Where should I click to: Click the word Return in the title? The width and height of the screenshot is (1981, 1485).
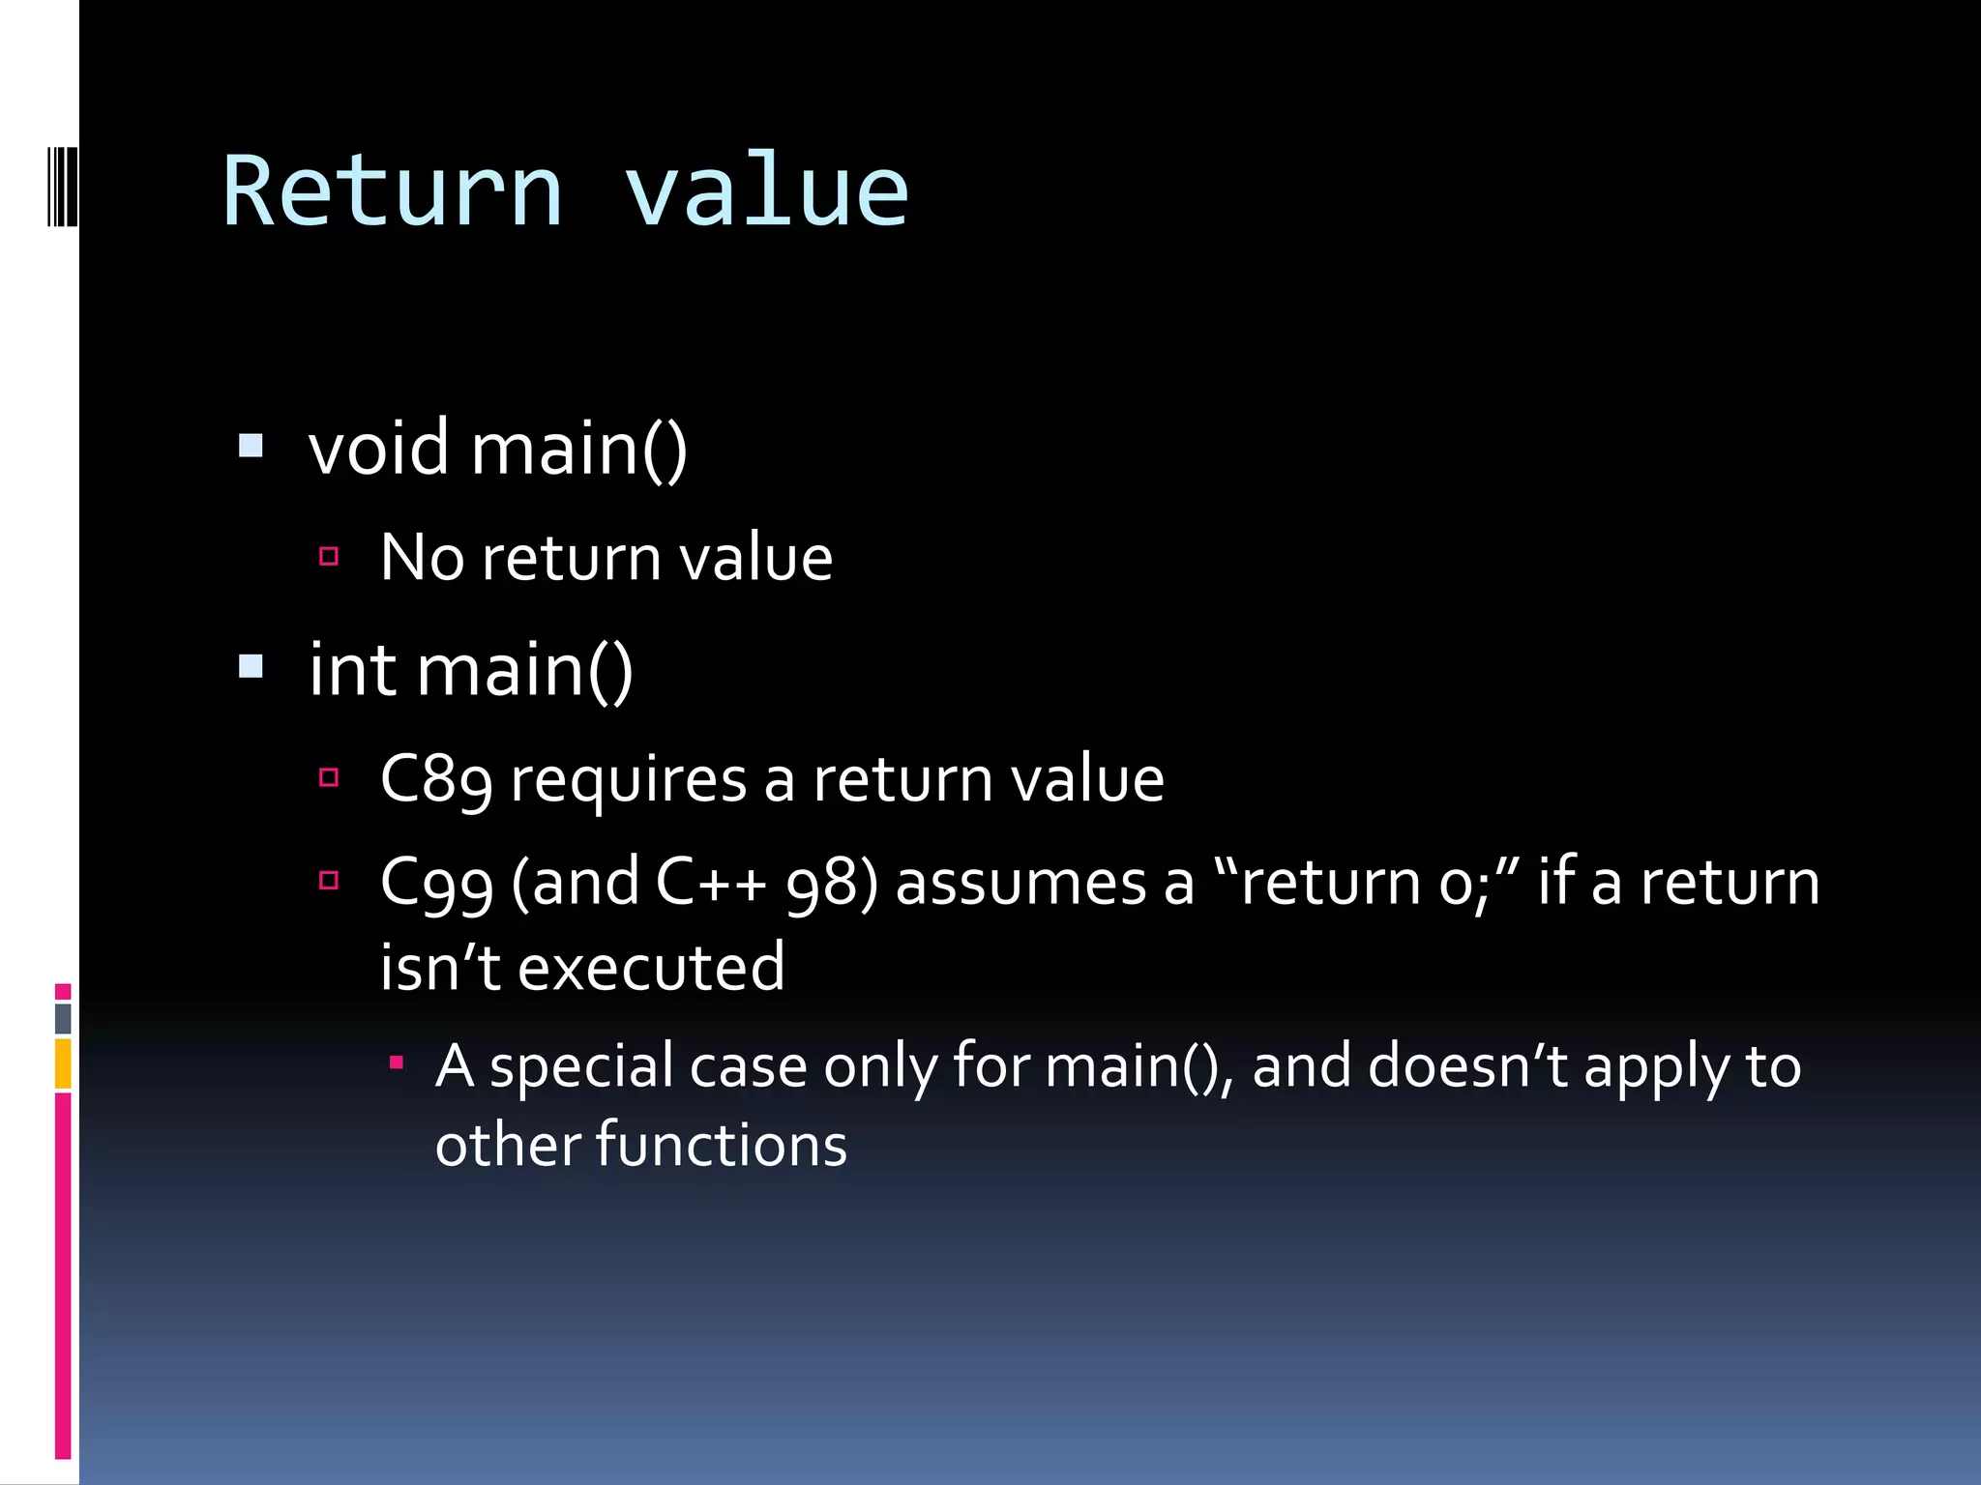click(x=392, y=192)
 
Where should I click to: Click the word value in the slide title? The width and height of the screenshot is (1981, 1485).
click(x=765, y=192)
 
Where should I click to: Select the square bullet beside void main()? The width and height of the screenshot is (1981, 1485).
click(x=251, y=446)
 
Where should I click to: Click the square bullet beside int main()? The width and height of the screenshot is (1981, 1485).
click(x=251, y=666)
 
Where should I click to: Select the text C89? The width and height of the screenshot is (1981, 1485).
click(x=435, y=779)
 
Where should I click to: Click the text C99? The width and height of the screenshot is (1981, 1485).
click(x=435, y=884)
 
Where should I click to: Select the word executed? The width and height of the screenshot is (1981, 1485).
click(x=651, y=967)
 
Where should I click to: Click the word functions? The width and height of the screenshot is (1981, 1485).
click(x=721, y=1146)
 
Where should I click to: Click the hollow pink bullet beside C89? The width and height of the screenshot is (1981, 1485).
click(x=329, y=777)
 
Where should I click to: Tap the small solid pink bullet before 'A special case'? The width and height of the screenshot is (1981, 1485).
click(x=396, y=1063)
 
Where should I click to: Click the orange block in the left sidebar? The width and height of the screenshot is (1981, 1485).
click(x=63, y=1063)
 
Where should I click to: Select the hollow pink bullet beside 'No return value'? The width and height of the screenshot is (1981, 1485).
click(x=329, y=556)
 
